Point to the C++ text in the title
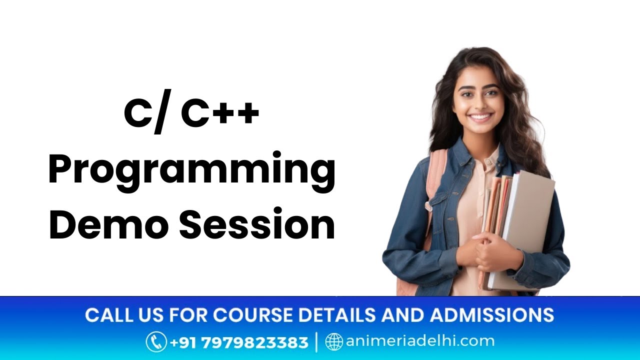220,114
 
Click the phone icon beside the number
156,342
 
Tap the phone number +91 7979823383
239,342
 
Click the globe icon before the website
334,342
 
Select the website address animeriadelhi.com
419,342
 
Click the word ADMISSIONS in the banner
492,315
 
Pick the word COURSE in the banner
252,315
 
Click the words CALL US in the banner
118,315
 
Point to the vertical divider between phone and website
316,342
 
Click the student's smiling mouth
480,118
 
